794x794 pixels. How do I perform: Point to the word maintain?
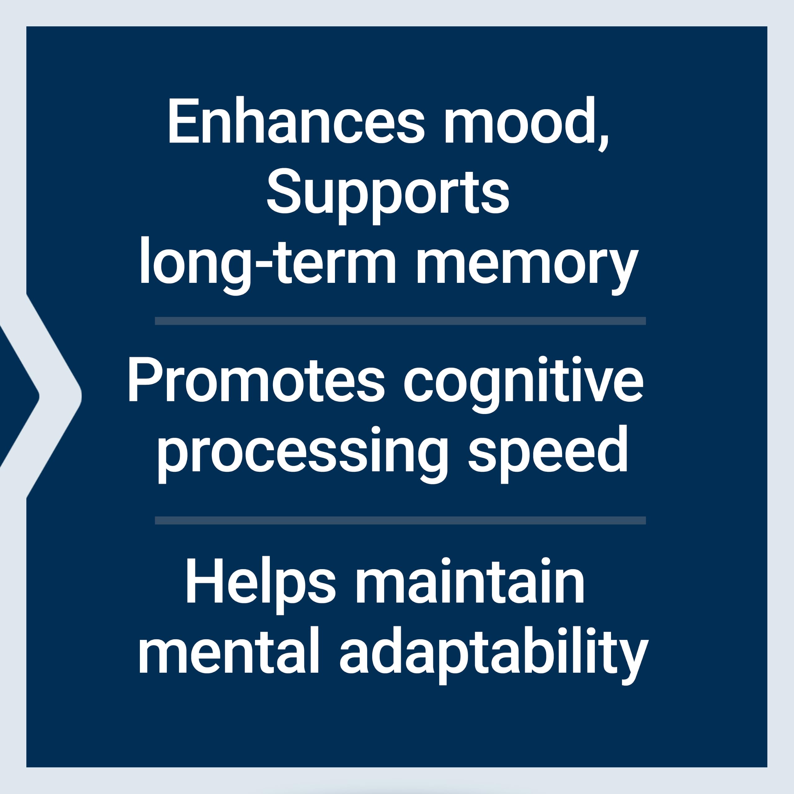470,580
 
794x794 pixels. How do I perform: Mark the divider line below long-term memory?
400,321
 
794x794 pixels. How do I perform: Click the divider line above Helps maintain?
400,520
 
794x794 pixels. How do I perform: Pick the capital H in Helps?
205,580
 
